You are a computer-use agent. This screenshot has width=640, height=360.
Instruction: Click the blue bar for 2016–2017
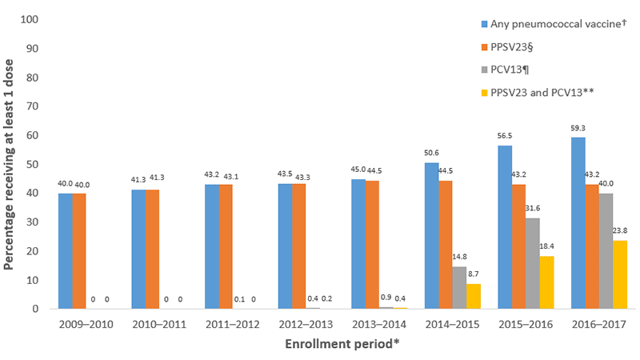click(578, 223)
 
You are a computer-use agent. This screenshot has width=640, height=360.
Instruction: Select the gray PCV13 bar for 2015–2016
click(533, 263)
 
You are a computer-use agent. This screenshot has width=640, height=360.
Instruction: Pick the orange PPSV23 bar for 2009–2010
click(79, 250)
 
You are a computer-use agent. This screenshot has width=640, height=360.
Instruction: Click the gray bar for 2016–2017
click(606, 251)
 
